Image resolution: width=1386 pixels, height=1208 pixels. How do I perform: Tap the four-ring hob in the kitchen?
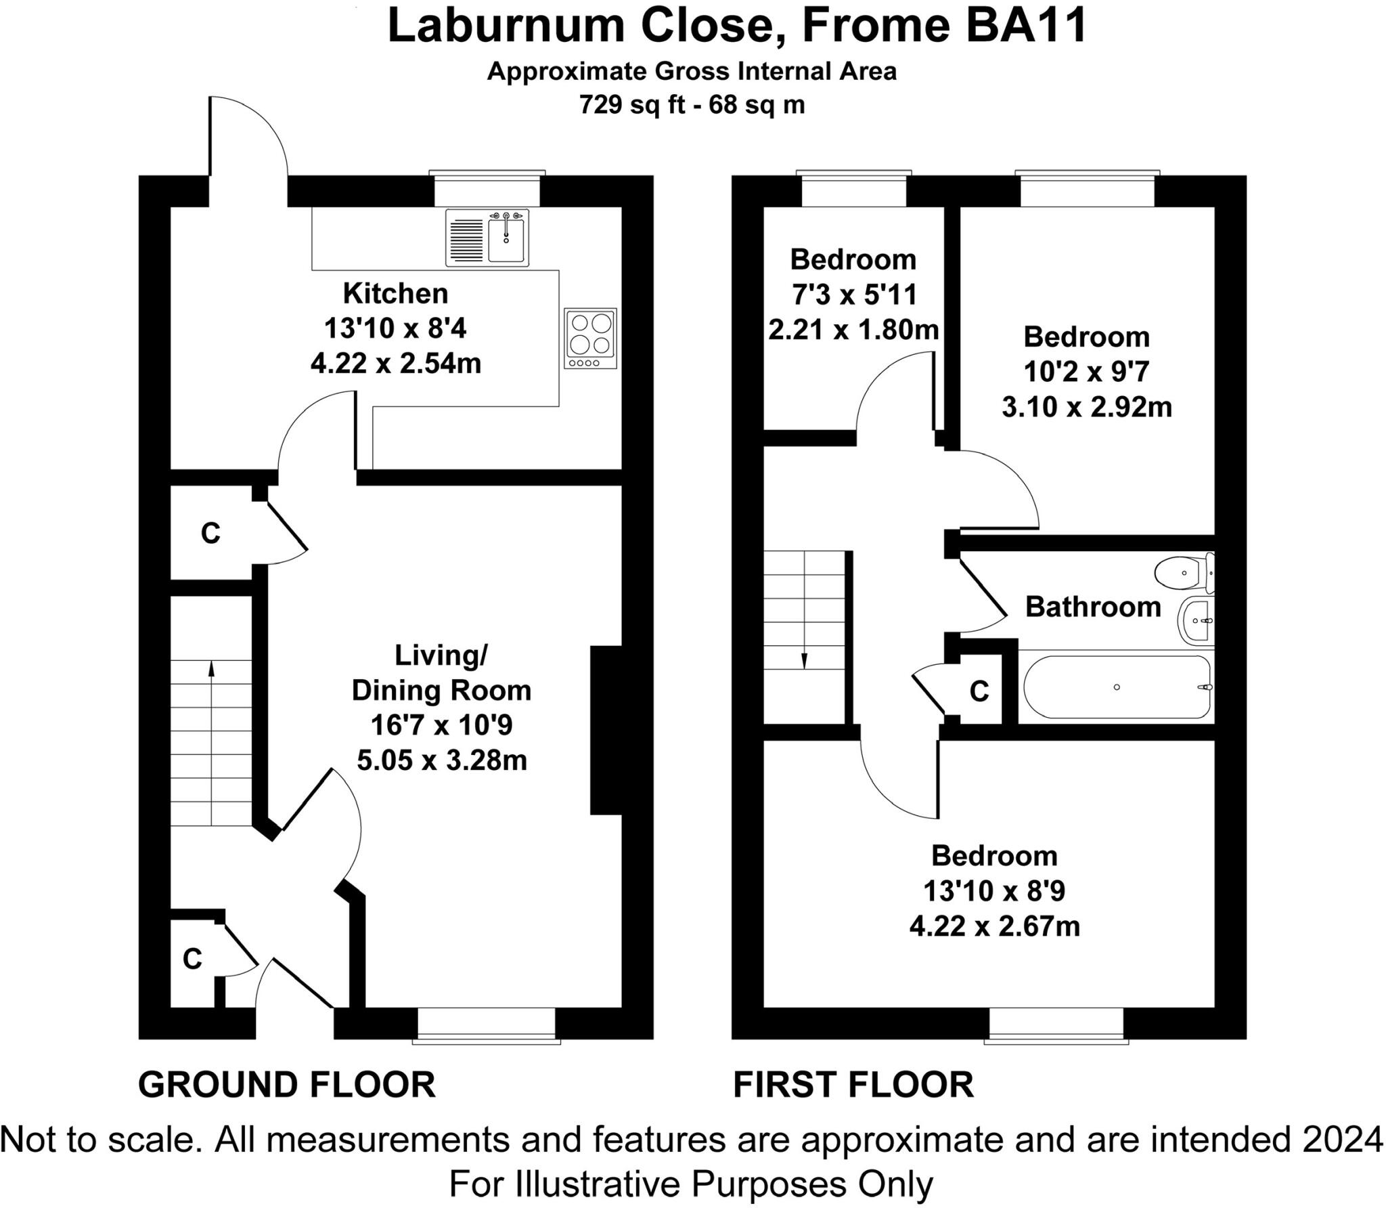pos(591,339)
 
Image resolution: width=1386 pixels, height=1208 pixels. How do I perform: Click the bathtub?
pos(1117,687)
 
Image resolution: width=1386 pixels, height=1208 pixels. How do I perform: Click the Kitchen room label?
pos(396,293)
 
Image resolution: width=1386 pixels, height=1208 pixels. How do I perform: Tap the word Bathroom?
pos(1093,607)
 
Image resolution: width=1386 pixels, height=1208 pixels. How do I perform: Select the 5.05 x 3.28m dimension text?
pos(442,760)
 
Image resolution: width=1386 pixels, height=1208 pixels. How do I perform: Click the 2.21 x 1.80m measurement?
pos(853,330)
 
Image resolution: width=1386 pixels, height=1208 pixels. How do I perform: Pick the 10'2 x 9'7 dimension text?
pos(1086,372)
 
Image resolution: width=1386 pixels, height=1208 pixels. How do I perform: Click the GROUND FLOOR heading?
pos(287,1084)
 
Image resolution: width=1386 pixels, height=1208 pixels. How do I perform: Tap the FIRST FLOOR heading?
pos(853,1084)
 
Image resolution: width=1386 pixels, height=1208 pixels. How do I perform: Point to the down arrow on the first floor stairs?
pos(804,660)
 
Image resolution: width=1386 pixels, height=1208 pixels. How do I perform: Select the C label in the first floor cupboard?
pos(979,691)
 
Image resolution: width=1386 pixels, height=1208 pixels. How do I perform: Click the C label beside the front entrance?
pos(193,959)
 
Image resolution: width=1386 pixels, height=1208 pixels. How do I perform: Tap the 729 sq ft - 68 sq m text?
pos(692,105)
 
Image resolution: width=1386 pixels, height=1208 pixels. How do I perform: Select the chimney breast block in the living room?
pos(606,730)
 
